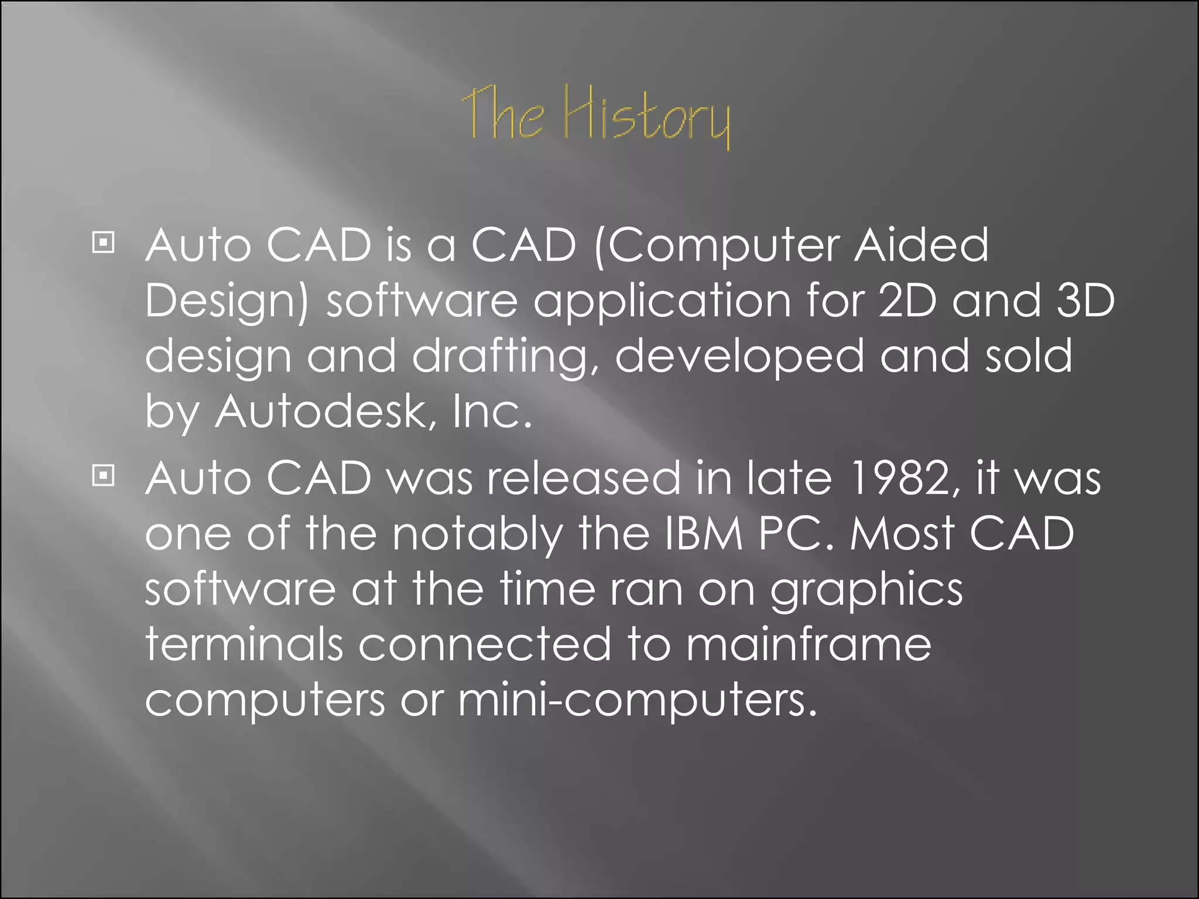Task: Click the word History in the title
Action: (x=647, y=117)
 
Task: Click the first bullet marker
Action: (x=103, y=242)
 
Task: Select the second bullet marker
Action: (x=103, y=475)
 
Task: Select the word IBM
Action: (x=704, y=533)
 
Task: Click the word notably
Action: (x=477, y=534)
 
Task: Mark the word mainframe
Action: (x=809, y=644)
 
